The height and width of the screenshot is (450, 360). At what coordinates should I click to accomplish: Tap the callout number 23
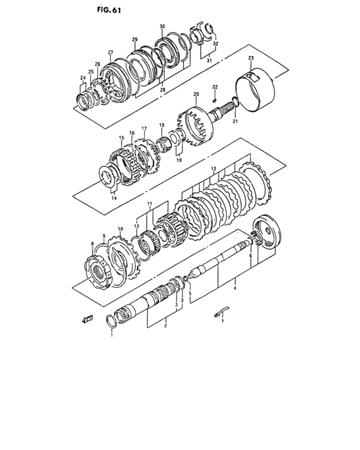[x=251, y=59]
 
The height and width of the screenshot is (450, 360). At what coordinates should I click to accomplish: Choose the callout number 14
[x=114, y=199]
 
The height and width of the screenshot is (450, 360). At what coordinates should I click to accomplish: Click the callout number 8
[x=93, y=244]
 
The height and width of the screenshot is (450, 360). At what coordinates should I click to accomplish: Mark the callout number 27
[x=110, y=52]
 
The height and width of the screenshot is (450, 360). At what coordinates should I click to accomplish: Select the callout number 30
[x=163, y=26]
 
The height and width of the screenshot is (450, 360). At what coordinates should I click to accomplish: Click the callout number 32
[x=215, y=44]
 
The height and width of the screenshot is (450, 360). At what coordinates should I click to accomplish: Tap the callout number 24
[x=82, y=78]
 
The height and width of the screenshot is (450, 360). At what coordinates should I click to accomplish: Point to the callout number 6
[x=249, y=255]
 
